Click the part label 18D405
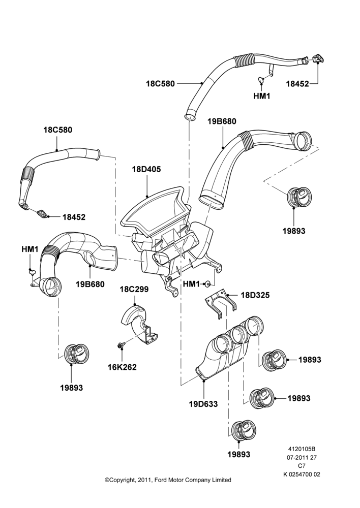(146, 169)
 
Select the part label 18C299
(134, 289)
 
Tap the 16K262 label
(122, 367)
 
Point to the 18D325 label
(255, 295)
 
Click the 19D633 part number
(203, 404)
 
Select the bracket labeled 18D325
(220, 303)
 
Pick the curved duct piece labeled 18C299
(139, 324)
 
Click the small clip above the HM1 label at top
(261, 78)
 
